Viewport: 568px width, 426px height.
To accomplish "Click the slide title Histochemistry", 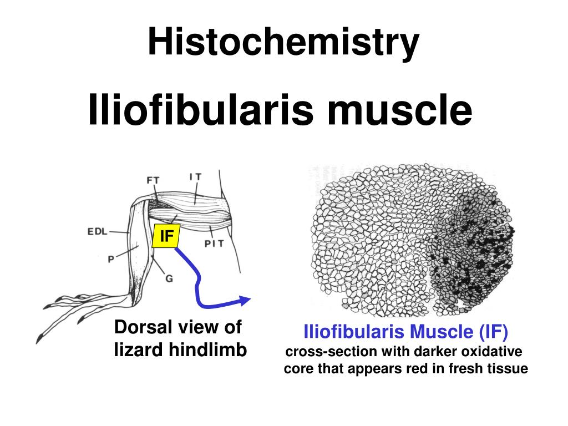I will point(283,43).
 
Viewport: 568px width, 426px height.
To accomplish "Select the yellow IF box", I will point(166,236).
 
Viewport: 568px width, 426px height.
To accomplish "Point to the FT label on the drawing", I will point(153,180).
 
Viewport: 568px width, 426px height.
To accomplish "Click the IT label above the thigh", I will point(195,177).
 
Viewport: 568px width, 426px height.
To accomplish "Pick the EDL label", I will point(98,232).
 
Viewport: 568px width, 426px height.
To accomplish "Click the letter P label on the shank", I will point(111,258).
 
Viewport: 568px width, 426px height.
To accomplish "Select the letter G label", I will point(169,279).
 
